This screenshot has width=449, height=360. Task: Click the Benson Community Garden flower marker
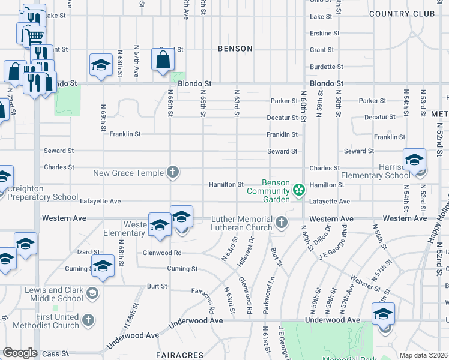[x=299, y=190]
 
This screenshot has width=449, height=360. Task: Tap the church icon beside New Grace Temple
[x=173, y=173]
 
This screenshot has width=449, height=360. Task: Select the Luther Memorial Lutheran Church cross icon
[x=280, y=224]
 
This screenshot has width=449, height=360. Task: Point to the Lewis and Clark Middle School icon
[x=92, y=293]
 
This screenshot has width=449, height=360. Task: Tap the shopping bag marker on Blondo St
[x=163, y=59]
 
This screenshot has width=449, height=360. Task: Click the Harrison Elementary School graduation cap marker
[x=414, y=160]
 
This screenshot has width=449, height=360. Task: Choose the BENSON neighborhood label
[x=235, y=49]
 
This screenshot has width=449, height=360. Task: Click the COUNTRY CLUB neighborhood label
[x=402, y=14]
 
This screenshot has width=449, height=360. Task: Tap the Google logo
[x=20, y=353]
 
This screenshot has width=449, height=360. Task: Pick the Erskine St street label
[x=324, y=33]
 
